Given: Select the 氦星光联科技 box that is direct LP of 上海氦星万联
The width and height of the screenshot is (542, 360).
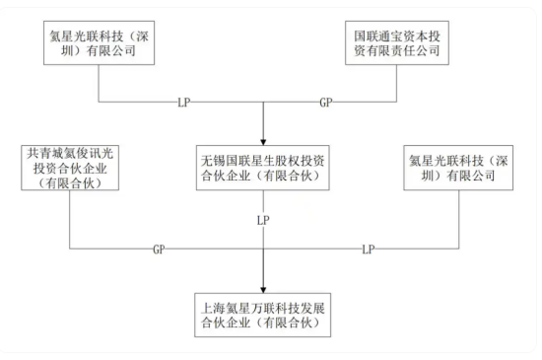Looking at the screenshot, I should [x=459, y=169].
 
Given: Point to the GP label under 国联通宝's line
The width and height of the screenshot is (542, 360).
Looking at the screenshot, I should [x=326, y=103].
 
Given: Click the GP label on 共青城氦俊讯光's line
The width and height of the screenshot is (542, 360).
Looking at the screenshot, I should [x=159, y=250].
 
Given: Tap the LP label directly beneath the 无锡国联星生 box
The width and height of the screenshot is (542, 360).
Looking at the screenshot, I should [x=263, y=219].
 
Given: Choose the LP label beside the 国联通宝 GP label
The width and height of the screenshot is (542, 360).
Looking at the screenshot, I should [x=183, y=103].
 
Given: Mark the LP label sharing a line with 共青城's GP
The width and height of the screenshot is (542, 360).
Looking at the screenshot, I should [x=368, y=250].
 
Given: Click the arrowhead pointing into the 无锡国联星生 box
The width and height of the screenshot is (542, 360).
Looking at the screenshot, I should [x=263, y=137].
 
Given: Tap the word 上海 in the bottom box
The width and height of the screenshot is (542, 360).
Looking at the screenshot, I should [x=213, y=302].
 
